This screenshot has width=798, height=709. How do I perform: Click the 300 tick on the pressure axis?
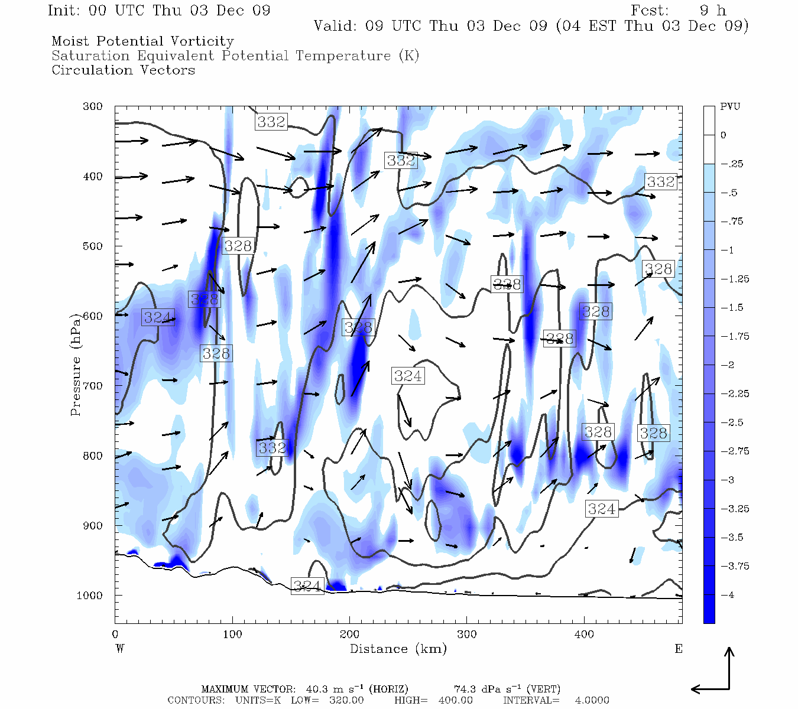coord(93,107)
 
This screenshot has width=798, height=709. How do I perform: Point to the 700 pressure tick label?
coord(93,386)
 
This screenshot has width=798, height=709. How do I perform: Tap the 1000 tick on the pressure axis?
coord(90,596)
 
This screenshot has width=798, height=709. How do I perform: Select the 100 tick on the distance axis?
coord(232,635)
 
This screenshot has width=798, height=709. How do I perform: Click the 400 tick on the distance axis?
coord(584,635)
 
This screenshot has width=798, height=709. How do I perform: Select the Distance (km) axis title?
coord(398,649)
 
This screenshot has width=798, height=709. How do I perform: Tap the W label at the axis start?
coord(120,649)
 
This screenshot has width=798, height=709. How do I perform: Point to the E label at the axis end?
coord(678,649)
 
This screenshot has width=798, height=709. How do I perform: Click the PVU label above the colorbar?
coord(729,107)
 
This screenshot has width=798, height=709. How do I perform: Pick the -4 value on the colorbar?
coord(729,595)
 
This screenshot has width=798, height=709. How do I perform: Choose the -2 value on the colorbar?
coord(729,365)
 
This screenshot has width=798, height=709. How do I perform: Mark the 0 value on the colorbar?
coord(724,135)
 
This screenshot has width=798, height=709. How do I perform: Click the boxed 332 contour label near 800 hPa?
coord(273,448)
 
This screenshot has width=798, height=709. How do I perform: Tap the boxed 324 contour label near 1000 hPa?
coord(307,586)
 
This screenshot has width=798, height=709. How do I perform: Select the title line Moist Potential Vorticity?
coord(142,41)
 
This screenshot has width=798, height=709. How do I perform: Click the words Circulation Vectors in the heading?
coord(123,70)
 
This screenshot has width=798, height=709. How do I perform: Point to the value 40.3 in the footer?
coord(317,689)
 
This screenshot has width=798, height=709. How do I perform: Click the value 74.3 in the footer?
coord(465,689)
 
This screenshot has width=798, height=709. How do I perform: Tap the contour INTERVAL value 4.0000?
coord(592,700)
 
